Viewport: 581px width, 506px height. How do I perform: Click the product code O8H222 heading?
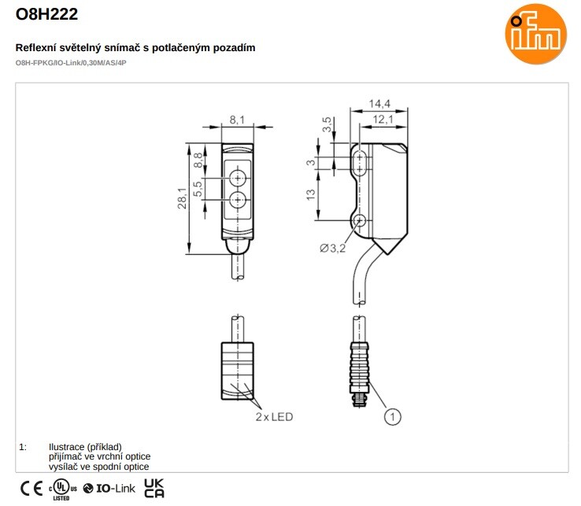[46, 14]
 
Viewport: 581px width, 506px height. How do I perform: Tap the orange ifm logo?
[535, 34]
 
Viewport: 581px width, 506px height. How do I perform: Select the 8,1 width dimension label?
[237, 120]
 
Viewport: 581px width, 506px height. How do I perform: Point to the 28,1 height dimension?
[183, 198]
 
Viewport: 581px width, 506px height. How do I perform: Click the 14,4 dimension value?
[379, 103]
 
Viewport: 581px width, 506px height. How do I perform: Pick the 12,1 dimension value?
[383, 120]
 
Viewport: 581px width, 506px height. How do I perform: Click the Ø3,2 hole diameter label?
[332, 248]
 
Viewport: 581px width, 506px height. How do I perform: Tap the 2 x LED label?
[274, 417]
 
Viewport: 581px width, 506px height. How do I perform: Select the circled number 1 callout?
[392, 417]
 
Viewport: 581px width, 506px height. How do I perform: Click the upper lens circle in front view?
[237, 179]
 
